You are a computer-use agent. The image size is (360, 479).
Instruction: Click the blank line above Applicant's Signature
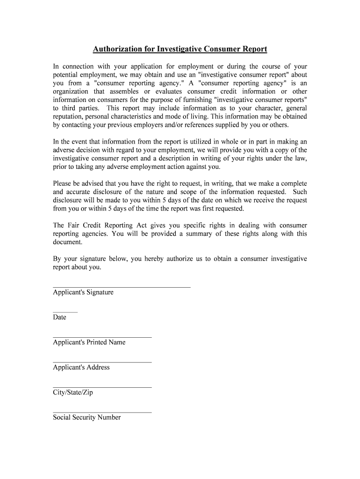click(x=122, y=287)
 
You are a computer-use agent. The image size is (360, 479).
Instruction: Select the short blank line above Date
click(x=65, y=312)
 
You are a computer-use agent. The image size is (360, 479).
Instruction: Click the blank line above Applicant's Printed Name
click(x=102, y=337)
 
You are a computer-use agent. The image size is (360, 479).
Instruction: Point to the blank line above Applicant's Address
click(x=102, y=362)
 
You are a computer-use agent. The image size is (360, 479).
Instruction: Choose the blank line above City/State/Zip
click(x=102, y=387)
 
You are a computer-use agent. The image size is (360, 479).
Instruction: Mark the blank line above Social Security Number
click(x=102, y=412)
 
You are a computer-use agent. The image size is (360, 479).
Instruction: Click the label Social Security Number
click(x=86, y=417)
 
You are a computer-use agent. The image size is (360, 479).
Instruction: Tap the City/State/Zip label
click(x=73, y=392)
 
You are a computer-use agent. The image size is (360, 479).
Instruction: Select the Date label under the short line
click(x=59, y=317)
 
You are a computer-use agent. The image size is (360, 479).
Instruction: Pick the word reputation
click(x=70, y=116)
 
